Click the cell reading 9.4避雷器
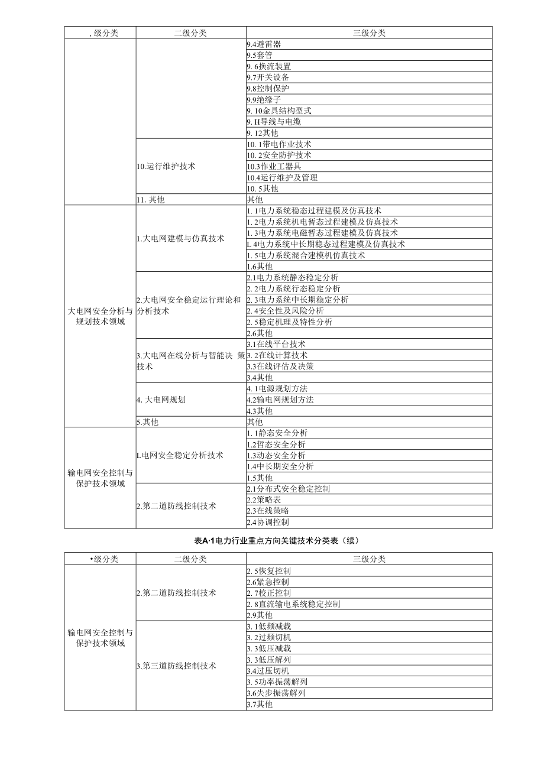click(264, 44)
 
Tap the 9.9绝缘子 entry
click(264, 100)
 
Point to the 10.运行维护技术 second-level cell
click(166, 166)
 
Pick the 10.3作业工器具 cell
click(274, 166)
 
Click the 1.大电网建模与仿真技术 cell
click(180, 239)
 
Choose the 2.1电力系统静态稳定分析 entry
click(293, 277)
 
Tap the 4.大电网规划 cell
click(161, 400)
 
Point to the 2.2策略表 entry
click(264, 500)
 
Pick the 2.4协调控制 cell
click(268, 523)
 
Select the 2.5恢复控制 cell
click(268, 571)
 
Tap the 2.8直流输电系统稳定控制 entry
click(293, 604)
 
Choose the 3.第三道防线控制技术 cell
click(176, 666)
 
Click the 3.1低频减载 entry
click(268, 627)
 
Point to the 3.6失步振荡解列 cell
click(276, 693)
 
